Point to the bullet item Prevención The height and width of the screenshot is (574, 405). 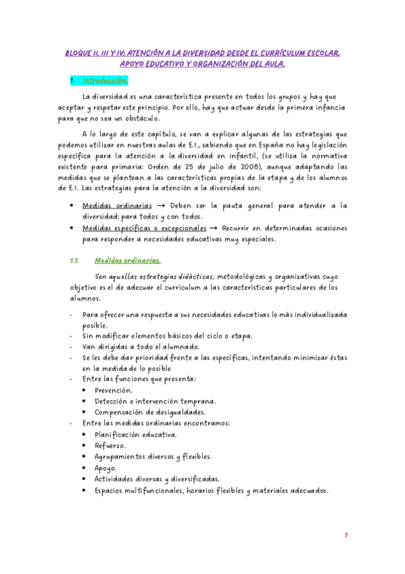click(114, 391)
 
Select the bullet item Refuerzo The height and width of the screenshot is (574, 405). click(110, 445)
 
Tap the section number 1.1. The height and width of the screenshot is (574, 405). click(75, 261)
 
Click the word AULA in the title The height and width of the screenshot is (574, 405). click(271, 64)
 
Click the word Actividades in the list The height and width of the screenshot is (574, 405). click(119, 479)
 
